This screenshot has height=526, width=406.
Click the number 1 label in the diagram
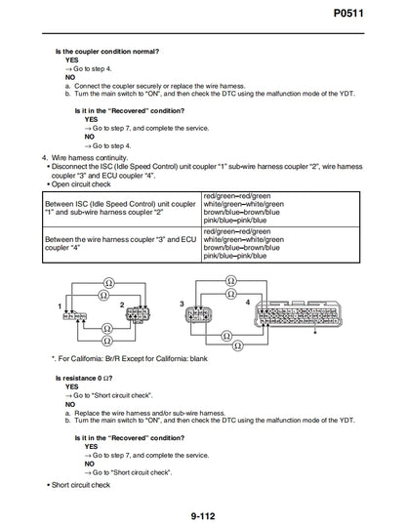61,306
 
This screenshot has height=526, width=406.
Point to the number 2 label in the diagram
120,305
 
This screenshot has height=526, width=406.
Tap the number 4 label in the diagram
248,303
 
